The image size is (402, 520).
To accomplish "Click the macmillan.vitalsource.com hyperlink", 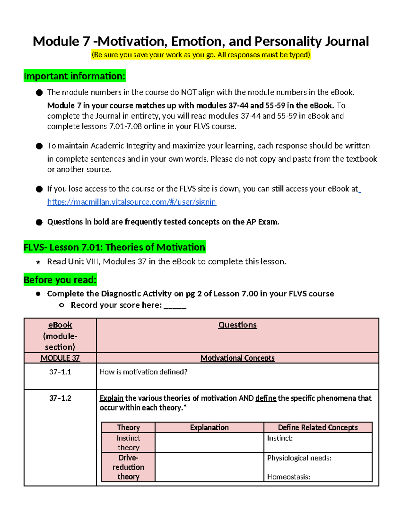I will coord(132,202).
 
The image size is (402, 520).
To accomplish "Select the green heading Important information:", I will coord(74,76).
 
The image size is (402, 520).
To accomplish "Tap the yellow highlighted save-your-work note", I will coord(201,55).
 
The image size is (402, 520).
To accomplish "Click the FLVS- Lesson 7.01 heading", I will coord(114,247).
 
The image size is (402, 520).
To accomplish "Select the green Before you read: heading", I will coord(60,280).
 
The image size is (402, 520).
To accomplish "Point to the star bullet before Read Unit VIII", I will coord(38,262).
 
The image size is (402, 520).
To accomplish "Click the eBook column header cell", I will coord(60,335).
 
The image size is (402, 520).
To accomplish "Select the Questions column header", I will coord(238,325).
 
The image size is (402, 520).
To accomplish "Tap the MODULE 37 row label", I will coord(60,358).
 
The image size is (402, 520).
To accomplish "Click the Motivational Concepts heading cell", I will coord(238,358).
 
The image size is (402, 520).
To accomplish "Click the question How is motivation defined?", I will coord(143,372).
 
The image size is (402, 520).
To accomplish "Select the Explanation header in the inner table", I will coord(209,428).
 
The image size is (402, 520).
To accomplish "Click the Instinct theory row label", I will coord(128,443).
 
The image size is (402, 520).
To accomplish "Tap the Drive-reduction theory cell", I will coord(128,467).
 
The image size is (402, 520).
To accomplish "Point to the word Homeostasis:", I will coord(288,477).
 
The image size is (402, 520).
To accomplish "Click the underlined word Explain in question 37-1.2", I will coord(112,398).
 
